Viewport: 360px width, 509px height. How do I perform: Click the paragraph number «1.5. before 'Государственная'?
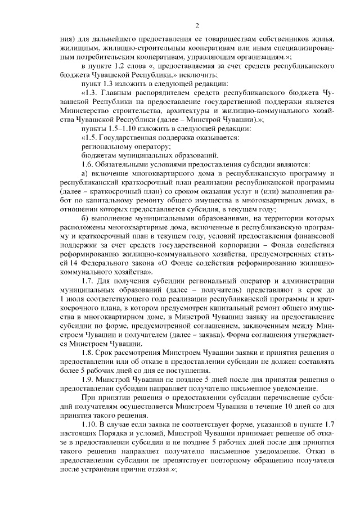91,138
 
